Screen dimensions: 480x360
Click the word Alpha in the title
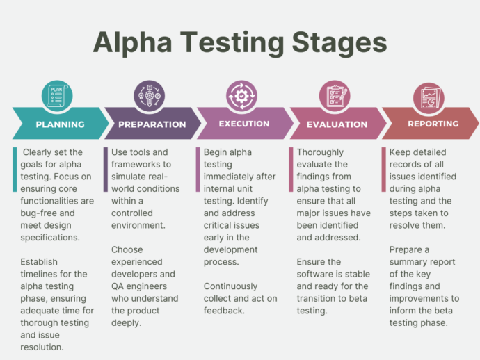[133, 43]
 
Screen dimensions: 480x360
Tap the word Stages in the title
[339, 43]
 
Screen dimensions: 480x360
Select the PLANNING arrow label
[60, 124]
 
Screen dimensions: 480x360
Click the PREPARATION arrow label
[152, 124]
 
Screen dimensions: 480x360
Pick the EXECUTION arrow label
[244, 124]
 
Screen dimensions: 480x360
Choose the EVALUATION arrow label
[337, 124]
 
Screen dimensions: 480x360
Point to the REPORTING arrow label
[433, 124]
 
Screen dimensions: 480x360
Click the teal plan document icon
[57, 96]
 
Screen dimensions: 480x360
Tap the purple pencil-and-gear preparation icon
[150, 96]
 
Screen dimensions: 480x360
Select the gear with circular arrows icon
[242, 96]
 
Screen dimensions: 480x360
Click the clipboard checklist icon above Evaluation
[335, 96]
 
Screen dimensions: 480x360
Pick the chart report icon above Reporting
[429, 98]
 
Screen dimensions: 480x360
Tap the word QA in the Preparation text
[118, 286]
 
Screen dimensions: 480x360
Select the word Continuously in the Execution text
[230, 286]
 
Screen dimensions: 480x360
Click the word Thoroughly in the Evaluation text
[320, 152]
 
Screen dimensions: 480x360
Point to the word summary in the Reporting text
[405, 262]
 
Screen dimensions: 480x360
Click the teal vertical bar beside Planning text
[15, 170]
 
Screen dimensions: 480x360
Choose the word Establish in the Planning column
[39, 262]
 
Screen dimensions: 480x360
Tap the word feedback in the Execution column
[224, 311]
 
